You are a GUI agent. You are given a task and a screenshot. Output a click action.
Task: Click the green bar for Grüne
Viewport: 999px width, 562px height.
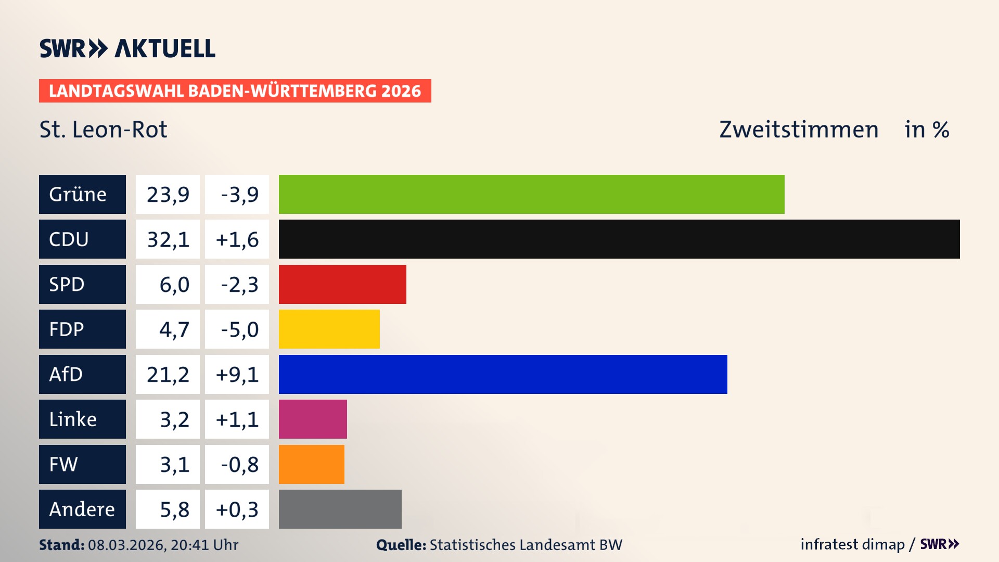(531, 194)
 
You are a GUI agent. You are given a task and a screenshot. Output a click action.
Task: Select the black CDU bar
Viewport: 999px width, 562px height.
(619, 239)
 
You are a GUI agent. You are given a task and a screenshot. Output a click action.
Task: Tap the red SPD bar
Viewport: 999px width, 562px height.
(342, 284)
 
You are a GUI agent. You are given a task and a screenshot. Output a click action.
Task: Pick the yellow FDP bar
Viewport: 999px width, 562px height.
(329, 329)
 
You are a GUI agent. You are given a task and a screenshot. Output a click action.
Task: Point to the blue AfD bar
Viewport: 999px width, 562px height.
(503, 374)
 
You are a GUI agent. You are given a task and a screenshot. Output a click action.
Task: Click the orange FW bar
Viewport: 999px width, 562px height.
(311, 464)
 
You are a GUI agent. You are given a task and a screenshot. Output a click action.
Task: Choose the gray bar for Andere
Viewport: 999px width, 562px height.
(340, 509)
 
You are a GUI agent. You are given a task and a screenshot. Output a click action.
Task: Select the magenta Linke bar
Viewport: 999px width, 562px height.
(313, 419)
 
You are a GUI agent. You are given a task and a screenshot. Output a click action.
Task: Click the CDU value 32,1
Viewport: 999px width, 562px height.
(168, 239)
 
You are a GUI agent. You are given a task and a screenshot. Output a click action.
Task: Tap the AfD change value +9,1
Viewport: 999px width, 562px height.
(237, 374)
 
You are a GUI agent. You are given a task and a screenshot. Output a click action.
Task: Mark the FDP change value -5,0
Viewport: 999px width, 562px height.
(239, 329)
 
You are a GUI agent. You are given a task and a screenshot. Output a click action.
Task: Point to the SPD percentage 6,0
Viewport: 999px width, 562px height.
(174, 285)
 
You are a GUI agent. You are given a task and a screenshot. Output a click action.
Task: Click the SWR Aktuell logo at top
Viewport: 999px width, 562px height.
(127, 48)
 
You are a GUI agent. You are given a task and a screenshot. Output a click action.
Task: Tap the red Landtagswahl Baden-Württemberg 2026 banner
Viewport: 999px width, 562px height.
(235, 91)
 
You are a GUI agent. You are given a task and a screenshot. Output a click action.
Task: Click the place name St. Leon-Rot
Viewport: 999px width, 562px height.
(103, 130)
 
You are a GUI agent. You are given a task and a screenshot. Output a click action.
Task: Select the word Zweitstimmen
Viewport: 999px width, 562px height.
(798, 130)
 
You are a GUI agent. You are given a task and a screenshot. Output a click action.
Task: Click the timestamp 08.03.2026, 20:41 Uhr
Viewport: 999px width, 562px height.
(163, 545)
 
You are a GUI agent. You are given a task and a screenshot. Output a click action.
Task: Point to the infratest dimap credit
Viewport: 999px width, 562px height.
(852, 544)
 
